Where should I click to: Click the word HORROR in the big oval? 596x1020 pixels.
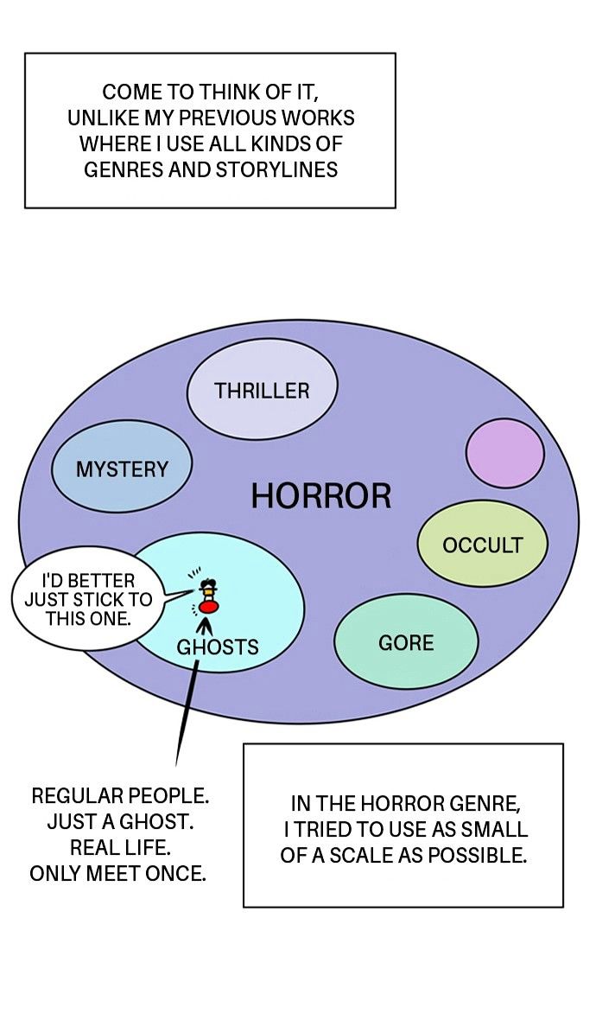coord(321,495)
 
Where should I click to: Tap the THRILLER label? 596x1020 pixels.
coord(262,391)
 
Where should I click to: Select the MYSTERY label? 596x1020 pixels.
coord(122,469)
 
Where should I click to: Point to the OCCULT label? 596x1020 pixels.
coord(482,545)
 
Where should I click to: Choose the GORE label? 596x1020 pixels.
coord(406,643)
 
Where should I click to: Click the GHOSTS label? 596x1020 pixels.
coord(218,647)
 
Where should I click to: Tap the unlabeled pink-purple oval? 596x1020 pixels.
coord(505,453)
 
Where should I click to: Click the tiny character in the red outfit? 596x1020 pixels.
coord(208,596)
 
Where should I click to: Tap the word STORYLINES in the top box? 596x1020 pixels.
coord(276,169)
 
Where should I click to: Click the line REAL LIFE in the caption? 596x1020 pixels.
coord(119,848)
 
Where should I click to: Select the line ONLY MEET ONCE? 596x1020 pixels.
coord(117,874)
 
